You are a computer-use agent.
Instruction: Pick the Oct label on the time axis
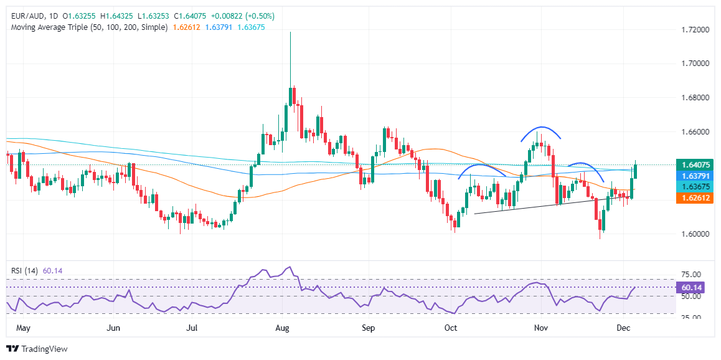451,327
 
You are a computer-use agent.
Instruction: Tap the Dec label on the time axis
623,327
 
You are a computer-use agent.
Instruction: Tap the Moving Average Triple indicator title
87,27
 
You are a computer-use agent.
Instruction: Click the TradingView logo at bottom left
37,349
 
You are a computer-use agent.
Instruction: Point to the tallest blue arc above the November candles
539,128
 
